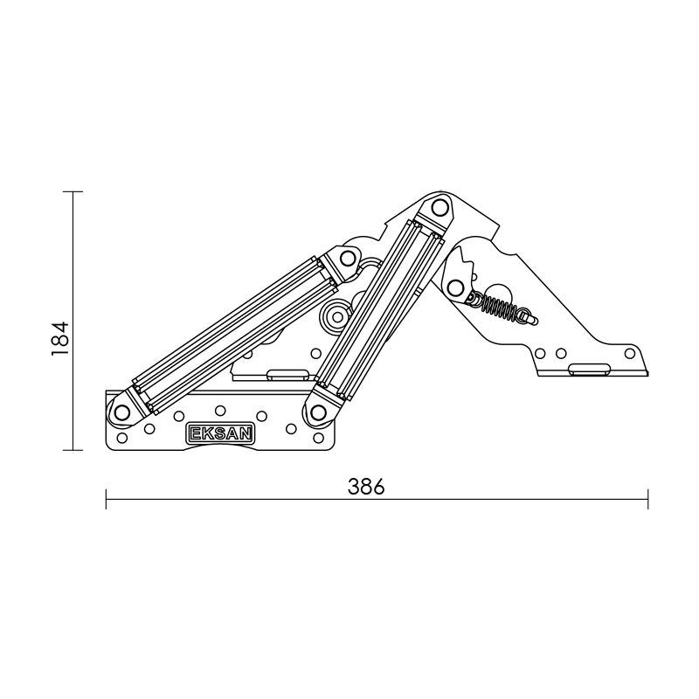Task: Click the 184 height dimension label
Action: click(x=60, y=338)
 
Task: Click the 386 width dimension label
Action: click(x=366, y=487)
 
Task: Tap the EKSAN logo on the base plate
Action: click(x=220, y=433)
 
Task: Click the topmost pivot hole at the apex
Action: click(x=440, y=208)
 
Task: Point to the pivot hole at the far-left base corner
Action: click(x=121, y=412)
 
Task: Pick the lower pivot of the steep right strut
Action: click(x=318, y=412)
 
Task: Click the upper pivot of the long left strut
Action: click(x=347, y=258)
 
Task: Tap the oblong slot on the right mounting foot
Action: click(x=589, y=368)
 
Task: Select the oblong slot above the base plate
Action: click(x=287, y=375)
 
